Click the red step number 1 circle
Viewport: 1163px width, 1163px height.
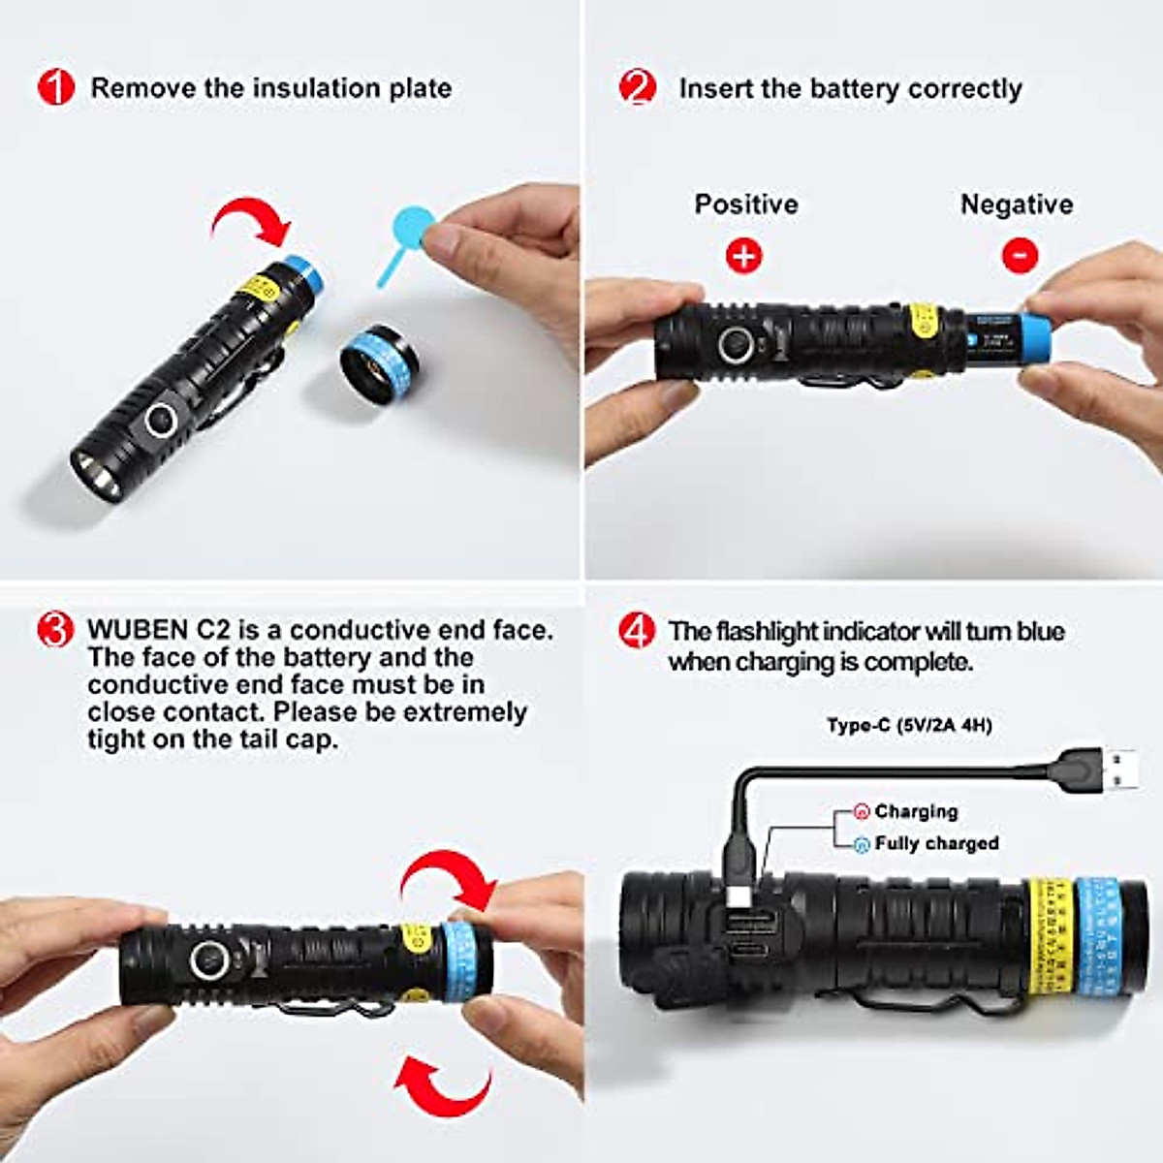pos(55,88)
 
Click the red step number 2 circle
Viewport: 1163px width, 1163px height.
pos(637,88)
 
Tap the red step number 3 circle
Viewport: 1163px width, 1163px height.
pos(55,630)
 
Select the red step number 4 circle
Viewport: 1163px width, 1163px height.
pos(637,632)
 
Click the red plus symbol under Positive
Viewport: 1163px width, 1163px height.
pos(744,256)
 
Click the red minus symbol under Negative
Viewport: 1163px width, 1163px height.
pos(1019,256)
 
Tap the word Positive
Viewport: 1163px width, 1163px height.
pos(746,204)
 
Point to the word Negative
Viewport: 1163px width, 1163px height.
pos(1017,204)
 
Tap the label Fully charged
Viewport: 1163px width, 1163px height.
pos(936,843)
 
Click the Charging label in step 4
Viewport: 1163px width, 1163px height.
pos(916,811)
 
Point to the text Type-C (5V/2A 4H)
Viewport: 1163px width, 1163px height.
pos(909,725)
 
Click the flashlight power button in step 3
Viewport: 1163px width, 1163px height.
pos(210,960)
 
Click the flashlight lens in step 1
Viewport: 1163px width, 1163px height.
pos(97,474)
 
